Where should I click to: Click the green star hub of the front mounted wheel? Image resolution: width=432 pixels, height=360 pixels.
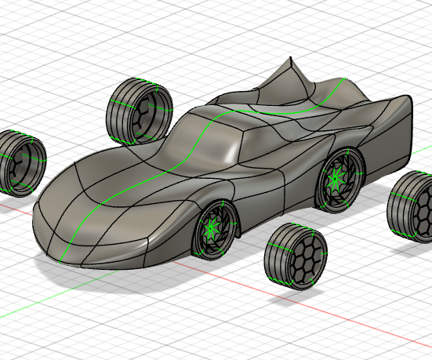click(x=211, y=229)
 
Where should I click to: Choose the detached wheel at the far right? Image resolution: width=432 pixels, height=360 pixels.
click(x=412, y=207)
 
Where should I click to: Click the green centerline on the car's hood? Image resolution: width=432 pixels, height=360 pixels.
click(x=118, y=196)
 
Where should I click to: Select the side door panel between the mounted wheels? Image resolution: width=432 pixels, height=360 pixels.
click(x=270, y=192)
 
